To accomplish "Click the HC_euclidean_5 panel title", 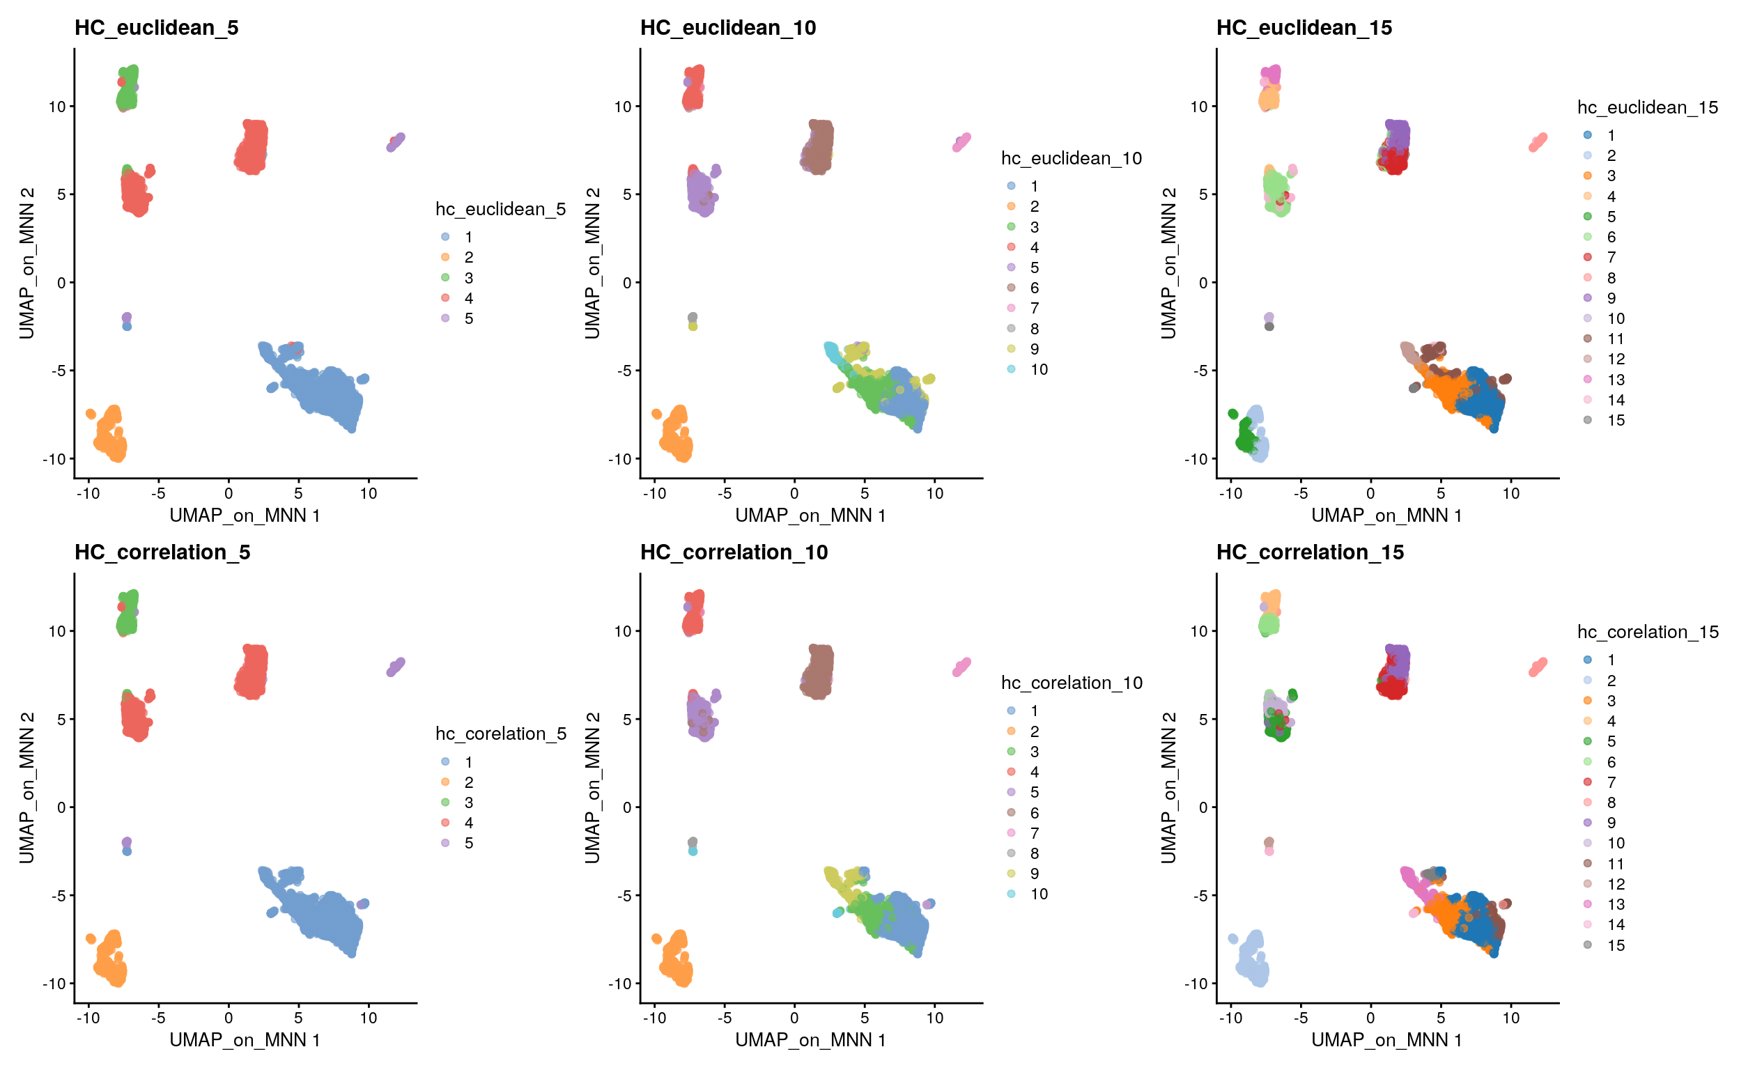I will click(157, 28).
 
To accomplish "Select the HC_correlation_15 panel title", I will click(1309, 552).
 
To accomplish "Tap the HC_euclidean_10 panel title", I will click(727, 28).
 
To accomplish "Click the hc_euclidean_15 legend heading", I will click(1647, 107).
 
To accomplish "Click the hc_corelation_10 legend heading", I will click(1072, 683).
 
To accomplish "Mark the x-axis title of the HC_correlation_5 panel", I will click(245, 1040).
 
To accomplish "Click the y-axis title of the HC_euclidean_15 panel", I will click(1168, 263).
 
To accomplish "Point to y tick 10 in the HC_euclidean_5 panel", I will click(56, 107).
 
